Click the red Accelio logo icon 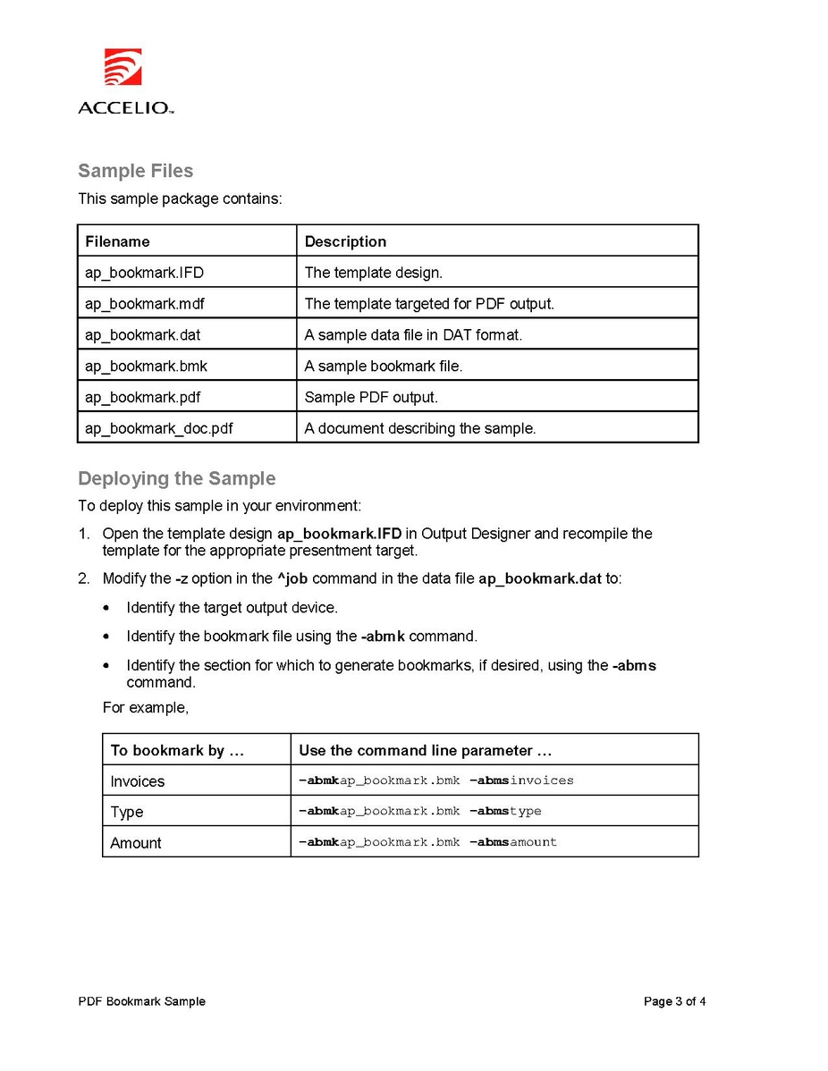tap(123, 66)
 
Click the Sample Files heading tap(135, 171)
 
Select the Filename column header tap(117, 241)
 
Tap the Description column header tap(345, 241)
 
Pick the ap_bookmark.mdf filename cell tap(144, 304)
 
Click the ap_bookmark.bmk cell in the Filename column tap(146, 366)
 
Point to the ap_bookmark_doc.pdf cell tap(158, 428)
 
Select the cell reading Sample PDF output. tap(371, 397)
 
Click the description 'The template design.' tap(373, 273)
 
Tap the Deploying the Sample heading tap(176, 478)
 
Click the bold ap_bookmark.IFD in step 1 tap(339, 534)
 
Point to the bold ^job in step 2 tap(292, 578)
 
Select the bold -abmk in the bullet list tap(383, 637)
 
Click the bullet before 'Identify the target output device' tap(107, 608)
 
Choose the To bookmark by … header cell tap(177, 750)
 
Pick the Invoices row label tap(137, 781)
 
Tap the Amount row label tap(136, 843)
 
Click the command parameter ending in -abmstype tap(419, 811)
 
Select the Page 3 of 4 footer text tap(674, 1001)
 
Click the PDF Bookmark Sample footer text tap(141, 1001)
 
